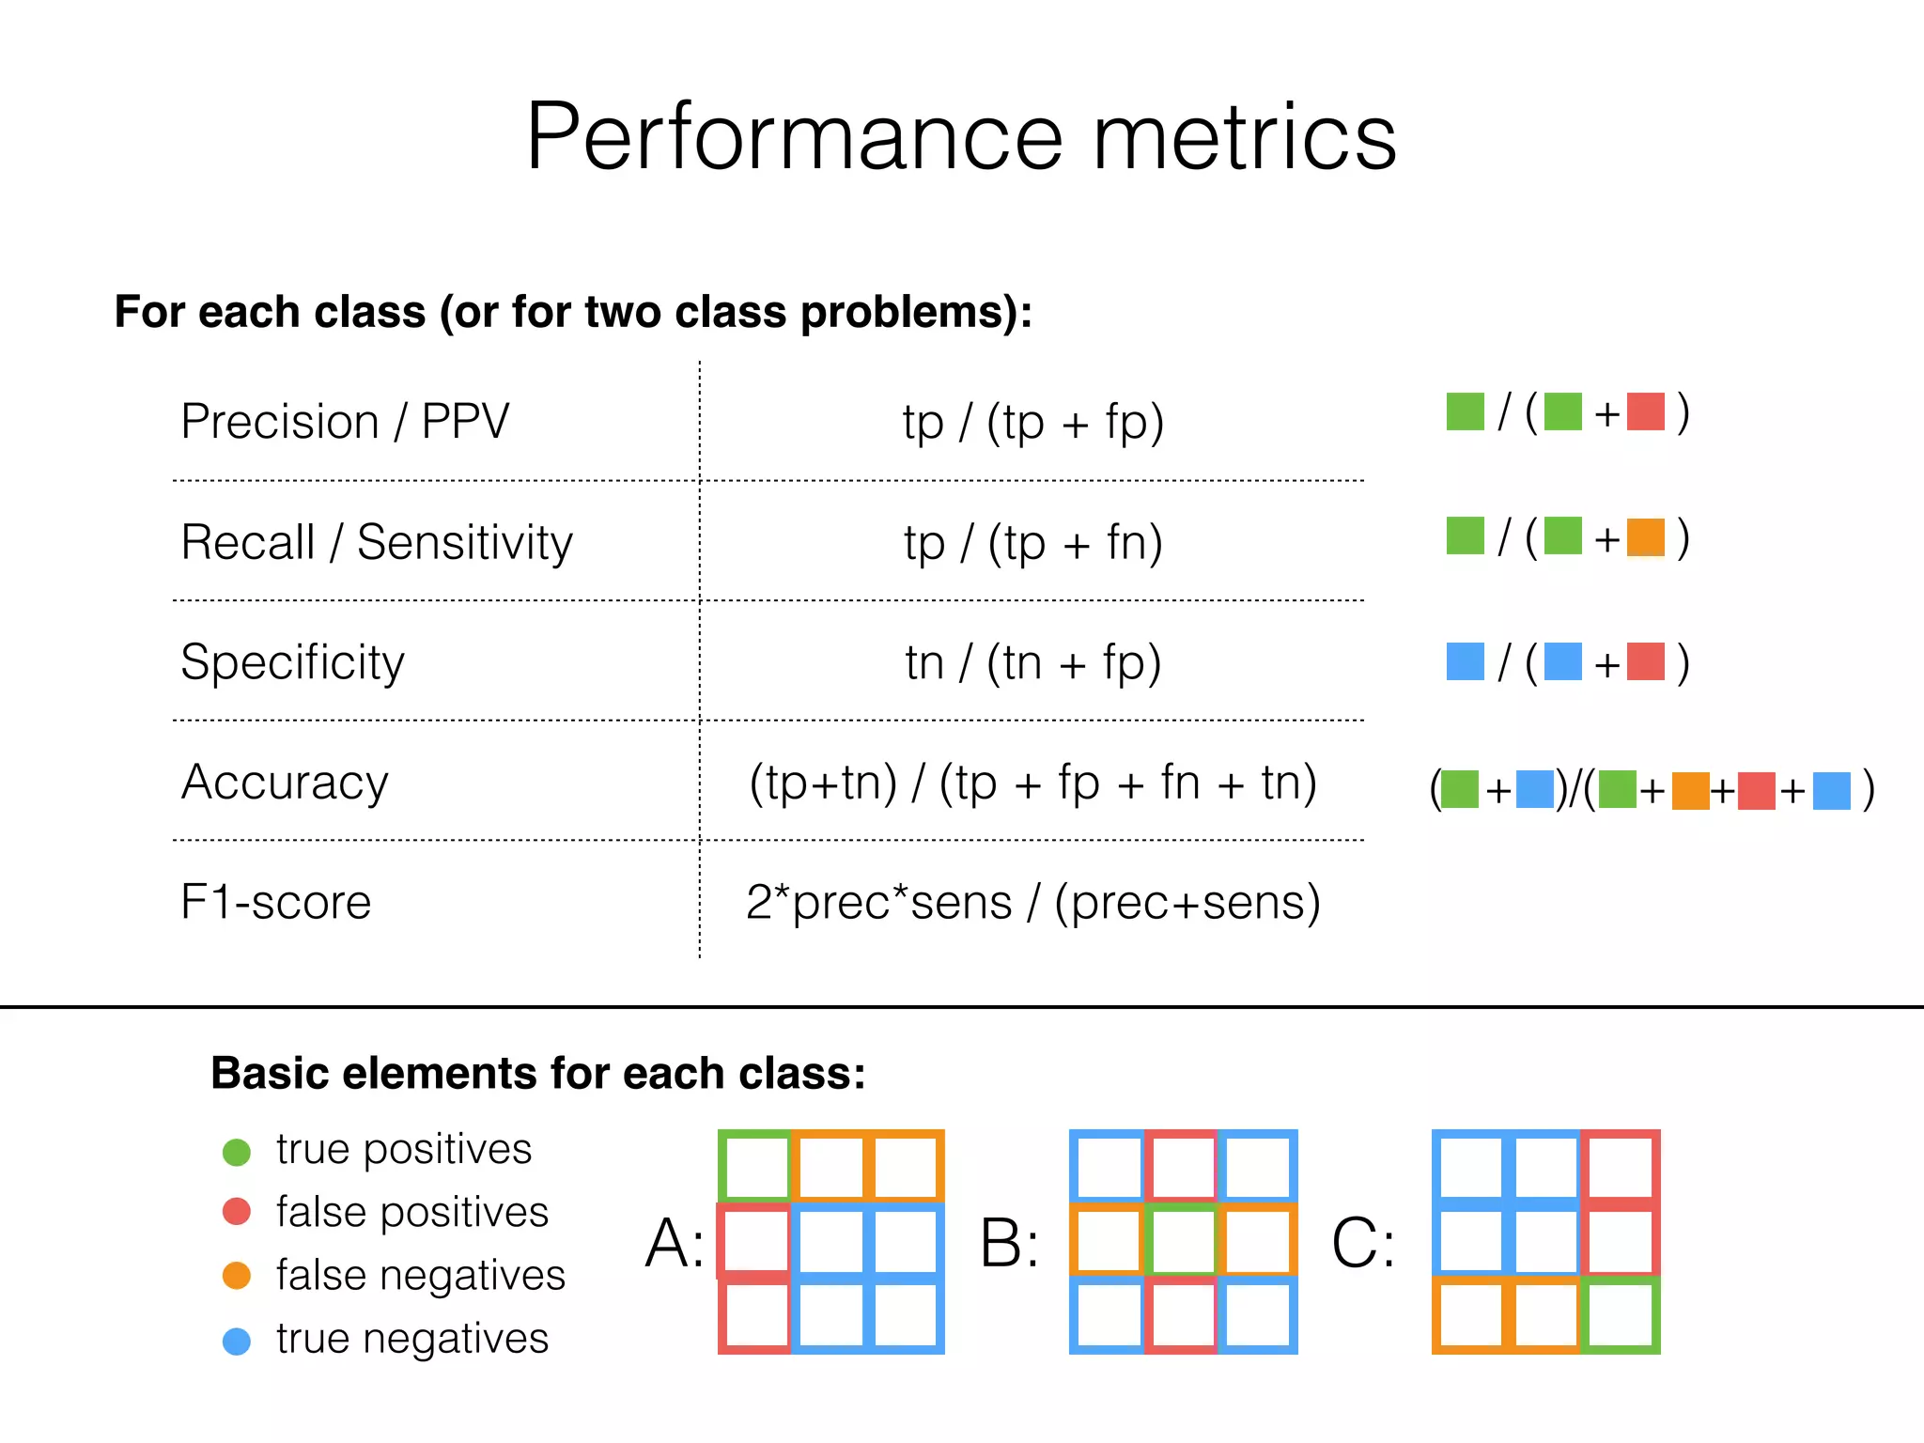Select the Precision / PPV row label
[345, 421]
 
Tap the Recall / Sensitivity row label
[377, 542]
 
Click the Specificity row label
[292, 662]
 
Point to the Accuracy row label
[285, 783]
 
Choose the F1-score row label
[276, 902]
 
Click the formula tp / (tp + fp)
[1033, 422]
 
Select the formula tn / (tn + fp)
[1033, 662]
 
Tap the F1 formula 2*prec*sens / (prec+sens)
[1033, 902]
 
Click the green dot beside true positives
[237, 1152]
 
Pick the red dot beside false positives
[237, 1212]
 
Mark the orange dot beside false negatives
[237, 1276]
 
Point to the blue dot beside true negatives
[237, 1341]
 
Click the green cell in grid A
[755, 1167]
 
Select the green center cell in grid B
[1183, 1241]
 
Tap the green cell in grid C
[1621, 1314]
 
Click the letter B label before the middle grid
[1009, 1243]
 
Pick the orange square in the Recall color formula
[1646, 537]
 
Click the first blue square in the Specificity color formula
[1466, 661]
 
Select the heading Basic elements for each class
[538, 1073]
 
